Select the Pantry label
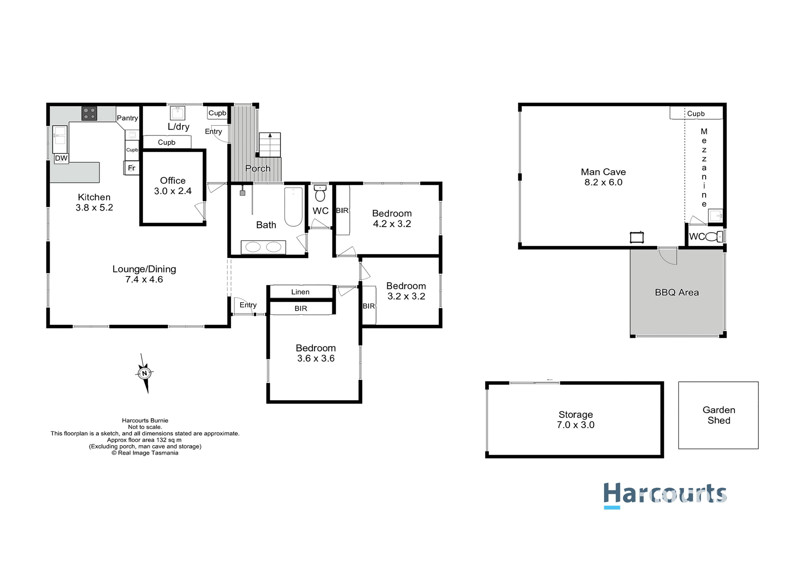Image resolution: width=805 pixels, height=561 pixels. [127, 118]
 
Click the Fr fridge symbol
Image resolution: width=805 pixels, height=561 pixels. [131, 168]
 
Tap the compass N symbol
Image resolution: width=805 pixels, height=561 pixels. [144, 373]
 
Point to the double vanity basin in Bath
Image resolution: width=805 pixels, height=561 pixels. [263, 247]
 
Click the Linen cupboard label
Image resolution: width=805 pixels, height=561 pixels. [301, 292]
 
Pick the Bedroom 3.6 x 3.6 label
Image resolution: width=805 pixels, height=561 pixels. [316, 353]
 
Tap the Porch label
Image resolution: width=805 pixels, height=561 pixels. [258, 169]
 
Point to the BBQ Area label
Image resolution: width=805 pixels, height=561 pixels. [677, 292]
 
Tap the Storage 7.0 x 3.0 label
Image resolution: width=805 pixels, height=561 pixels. [576, 420]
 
